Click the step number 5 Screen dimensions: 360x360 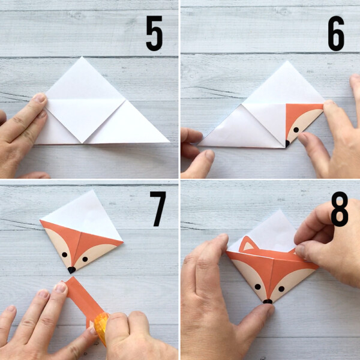pyautogui.click(x=155, y=35)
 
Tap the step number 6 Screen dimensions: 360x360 pyautogui.click(x=336, y=35)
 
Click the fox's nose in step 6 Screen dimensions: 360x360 pyautogui.click(x=287, y=143)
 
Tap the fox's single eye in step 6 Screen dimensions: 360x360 pyautogui.click(x=296, y=130)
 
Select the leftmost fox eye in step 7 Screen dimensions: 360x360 pyautogui.click(x=65, y=254)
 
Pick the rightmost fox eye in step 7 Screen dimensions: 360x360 pyautogui.click(x=85, y=259)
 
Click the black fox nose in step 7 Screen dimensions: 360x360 pyautogui.click(x=71, y=269)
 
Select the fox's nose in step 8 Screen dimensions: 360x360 pyautogui.click(x=267, y=300)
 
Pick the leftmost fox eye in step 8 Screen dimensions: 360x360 pyautogui.click(x=257, y=286)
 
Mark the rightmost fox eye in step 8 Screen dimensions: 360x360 pyautogui.click(x=281, y=288)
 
